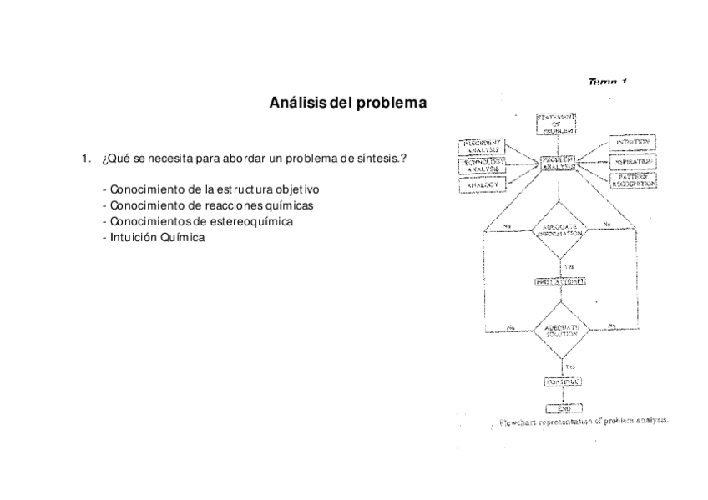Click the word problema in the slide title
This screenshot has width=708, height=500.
click(392, 104)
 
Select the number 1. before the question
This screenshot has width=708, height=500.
click(85, 159)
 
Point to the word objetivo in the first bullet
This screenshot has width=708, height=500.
click(291, 190)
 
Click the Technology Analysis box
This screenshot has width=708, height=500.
click(481, 165)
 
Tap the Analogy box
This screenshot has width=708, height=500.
click(481, 184)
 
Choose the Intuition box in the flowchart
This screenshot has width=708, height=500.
click(635, 144)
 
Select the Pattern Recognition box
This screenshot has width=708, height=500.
click(635, 180)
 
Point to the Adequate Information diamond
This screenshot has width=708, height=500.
click(560, 230)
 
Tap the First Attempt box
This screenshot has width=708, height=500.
click(559, 281)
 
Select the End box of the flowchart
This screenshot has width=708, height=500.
click(559, 408)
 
